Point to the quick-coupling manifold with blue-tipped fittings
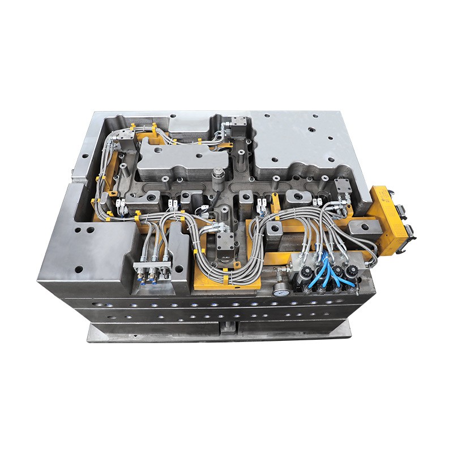(152, 270)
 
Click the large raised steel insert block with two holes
(182, 157)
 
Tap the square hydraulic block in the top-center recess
(238, 125)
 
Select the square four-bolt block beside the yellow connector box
(343, 186)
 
